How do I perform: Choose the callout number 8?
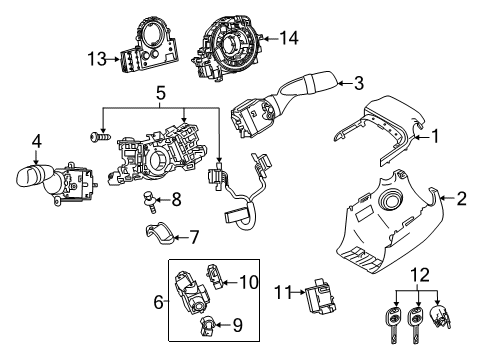(175, 199)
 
